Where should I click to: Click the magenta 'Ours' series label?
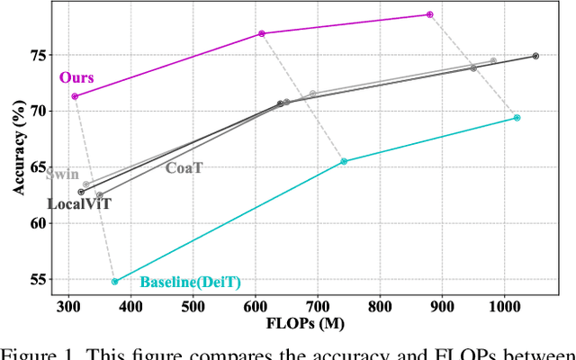[76, 78]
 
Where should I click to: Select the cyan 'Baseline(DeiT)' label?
[190, 283]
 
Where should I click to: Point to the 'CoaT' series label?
[184, 166]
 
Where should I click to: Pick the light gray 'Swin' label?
[62, 175]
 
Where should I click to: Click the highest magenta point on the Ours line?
[430, 14]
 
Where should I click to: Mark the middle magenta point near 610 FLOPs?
[262, 33]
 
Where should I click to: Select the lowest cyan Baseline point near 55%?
[114, 282]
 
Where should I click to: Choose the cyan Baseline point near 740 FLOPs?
[344, 161]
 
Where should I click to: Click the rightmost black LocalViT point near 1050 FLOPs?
[535, 56]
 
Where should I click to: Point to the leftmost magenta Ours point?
[75, 96]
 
